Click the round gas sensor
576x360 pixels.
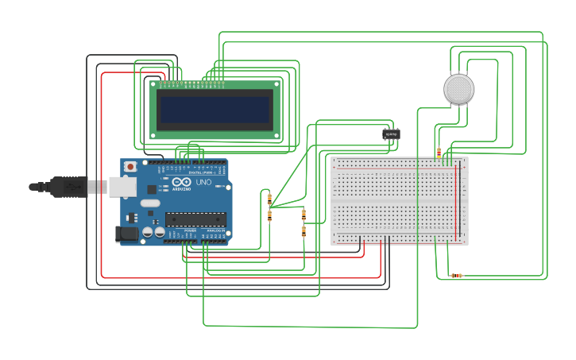458,89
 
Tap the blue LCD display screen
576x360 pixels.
215,108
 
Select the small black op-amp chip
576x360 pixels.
391,134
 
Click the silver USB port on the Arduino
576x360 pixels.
122,187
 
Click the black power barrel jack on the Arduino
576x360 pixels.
125,234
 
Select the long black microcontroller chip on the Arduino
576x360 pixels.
194,219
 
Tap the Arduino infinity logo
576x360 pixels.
182,182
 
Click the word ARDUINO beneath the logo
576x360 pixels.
182,190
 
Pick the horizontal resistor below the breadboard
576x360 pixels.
456,276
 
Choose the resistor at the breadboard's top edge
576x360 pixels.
439,152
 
